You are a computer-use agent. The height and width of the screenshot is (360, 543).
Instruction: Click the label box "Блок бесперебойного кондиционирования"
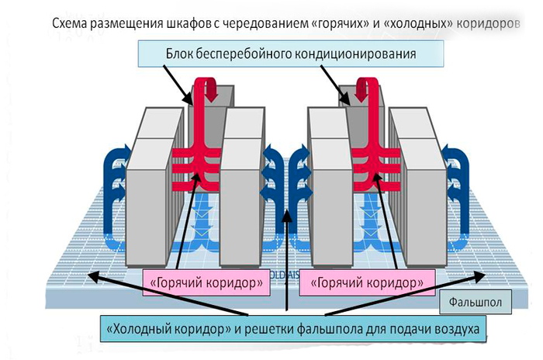(x=291, y=54)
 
